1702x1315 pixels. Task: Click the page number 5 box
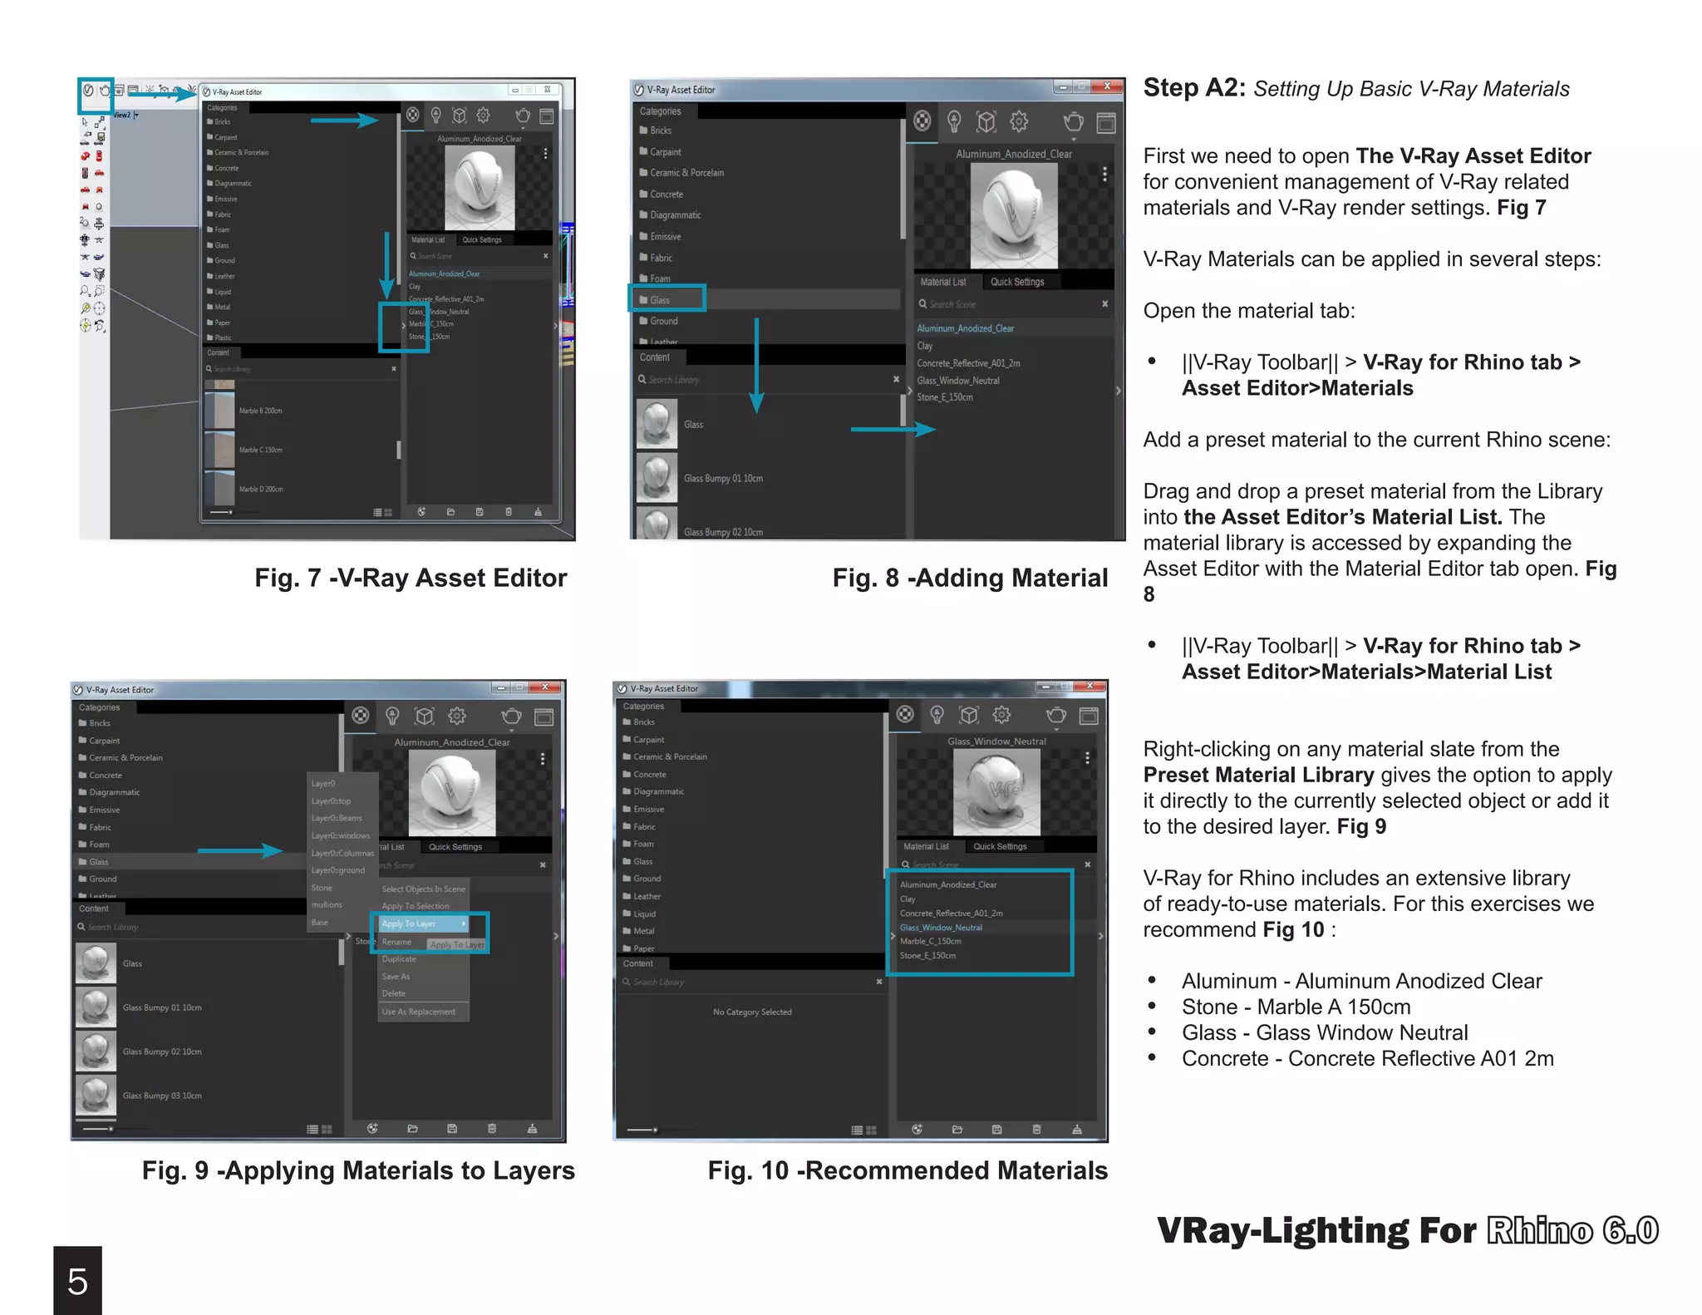(77, 1280)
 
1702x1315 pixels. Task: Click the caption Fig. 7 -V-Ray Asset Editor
(411, 578)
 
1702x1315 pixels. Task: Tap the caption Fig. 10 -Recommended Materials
(908, 1170)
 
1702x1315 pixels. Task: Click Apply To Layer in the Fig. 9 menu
(409, 923)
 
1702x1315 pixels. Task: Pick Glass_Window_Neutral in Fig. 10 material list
(941, 928)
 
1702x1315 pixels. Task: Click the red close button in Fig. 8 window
(1107, 86)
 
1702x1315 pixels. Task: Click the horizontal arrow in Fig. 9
(240, 850)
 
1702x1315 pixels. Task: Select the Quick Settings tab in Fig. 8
(1017, 282)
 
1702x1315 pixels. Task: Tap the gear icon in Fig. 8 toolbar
(1019, 122)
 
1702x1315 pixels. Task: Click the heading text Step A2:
(1193, 87)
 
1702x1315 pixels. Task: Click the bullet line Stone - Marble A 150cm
(1296, 1007)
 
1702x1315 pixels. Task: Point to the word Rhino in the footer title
(1540, 1230)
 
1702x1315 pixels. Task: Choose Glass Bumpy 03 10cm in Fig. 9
(162, 1096)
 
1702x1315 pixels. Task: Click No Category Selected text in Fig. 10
(752, 1012)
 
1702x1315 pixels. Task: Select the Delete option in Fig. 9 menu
(394, 993)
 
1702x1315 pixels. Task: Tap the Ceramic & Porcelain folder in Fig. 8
(686, 173)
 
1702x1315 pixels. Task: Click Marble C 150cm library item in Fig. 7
(260, 450)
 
